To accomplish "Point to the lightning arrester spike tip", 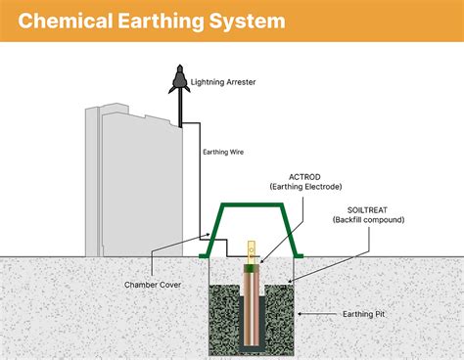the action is (x=179, y=67).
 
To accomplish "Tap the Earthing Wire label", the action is (x=222, y=152).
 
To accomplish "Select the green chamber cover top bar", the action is (x=250, y=205).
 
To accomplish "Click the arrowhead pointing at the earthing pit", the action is (x=300, y=314).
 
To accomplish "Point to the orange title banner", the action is (x=392, y=20).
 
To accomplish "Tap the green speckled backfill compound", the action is (x=224, y=313).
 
